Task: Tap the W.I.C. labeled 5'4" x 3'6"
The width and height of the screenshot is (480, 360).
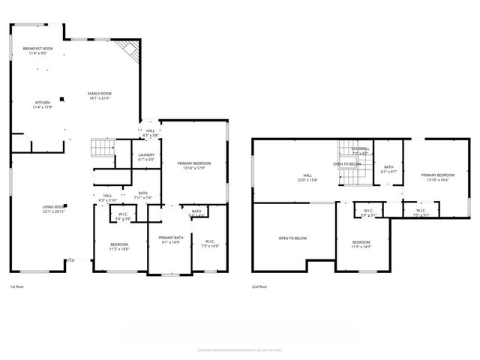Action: [x=121, y=217]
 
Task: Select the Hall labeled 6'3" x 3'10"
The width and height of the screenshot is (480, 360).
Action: [x=108, y=198]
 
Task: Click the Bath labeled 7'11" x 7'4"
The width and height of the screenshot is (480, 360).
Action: [x=143, y=195]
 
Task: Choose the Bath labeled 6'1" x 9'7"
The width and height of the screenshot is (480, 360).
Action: [x=388, y=169]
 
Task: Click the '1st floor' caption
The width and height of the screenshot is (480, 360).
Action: [x=18, y=287]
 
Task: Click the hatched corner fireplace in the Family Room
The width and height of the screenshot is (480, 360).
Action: [x=132, y=51]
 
